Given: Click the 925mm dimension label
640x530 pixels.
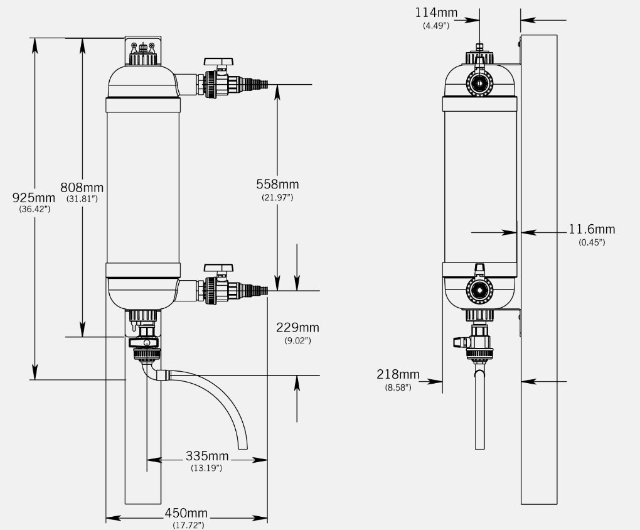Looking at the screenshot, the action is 33,198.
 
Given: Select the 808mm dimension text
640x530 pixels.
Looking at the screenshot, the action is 82,188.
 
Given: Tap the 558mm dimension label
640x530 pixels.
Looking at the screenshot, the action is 277,184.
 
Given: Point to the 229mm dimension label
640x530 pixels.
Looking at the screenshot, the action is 297,327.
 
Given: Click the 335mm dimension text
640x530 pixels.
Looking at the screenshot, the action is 207,456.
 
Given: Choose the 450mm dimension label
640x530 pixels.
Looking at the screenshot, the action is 186,513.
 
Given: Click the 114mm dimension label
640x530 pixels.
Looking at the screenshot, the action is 436,13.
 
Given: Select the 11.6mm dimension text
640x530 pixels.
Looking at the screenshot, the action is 592,229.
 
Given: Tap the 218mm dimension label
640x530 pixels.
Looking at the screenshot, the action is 398,374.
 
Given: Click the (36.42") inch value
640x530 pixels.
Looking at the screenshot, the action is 35,209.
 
